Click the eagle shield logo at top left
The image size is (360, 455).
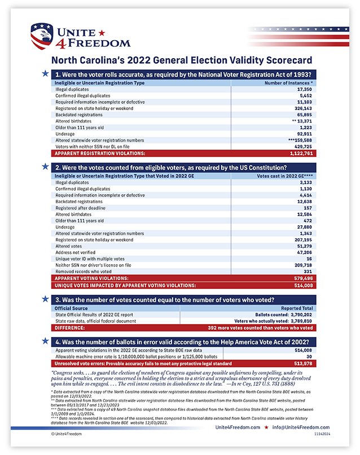pyautogui.click(x=42, y=36)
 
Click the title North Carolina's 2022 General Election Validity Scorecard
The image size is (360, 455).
pyautogui.click(x=181, y=60)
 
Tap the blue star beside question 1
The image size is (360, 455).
pyautogui.click(x=45, y=73)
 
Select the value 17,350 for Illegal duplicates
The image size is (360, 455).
pyautogui.click(x=305, y=89)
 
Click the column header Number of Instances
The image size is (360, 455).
pyautogui.click(x=289, y=83)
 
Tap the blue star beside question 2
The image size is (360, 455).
pyautogui.click(x=45, y=167)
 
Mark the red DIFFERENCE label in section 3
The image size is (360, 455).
pyautogui.click(x=69, y=327)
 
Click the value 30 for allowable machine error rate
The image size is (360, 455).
pyautogui.click(x=309, y=357)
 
